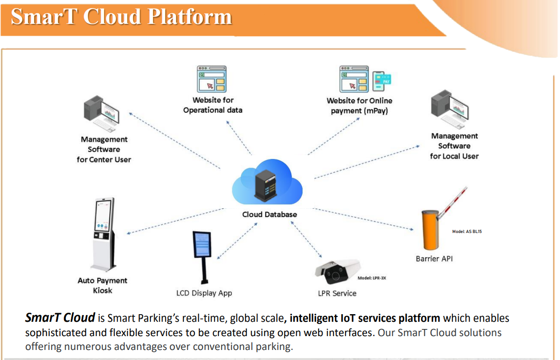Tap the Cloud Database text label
coord(269,214)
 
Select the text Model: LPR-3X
coord(371,277)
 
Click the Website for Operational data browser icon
coord(212,79)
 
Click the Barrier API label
coord(434,258)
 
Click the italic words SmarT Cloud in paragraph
coord(60,318)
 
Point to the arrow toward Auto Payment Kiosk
coord(174,221)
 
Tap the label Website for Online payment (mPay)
coord(359,106)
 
